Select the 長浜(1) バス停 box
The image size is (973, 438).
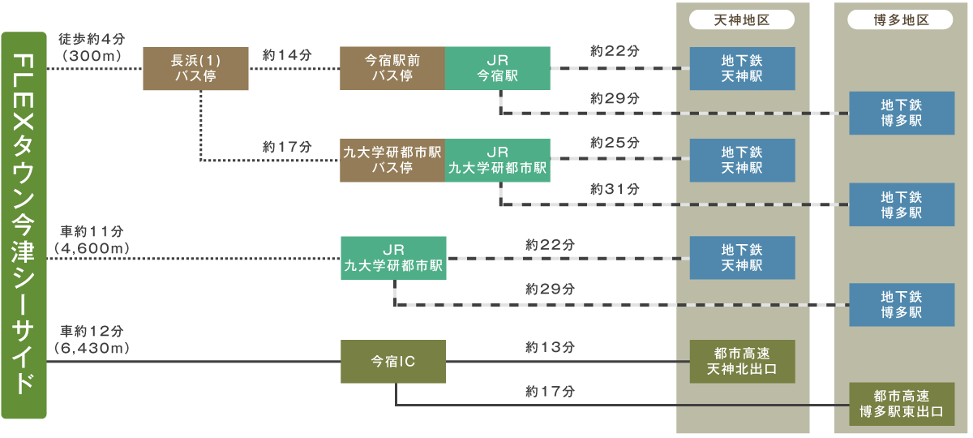click(195, 68)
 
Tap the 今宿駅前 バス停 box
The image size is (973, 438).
click(392, 68)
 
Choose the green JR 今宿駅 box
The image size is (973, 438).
click(498, 68)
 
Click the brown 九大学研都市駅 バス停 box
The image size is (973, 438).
click(392, 160)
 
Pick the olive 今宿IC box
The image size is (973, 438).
click(393, 362)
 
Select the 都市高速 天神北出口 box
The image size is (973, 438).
click(742, 362)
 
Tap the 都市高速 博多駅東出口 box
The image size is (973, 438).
click(902, 404)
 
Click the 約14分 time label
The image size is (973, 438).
click(287, 55)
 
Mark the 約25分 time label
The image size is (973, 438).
click(615, 143)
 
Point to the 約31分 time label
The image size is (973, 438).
click(615, 189)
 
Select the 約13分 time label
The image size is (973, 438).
click(551, 347)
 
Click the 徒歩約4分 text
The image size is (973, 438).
click(90, 39)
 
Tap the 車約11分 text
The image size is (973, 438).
click(92, 230)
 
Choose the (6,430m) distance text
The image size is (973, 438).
click(91, 347)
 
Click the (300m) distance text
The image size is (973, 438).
click(91, 55)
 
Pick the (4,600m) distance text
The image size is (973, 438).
click(91, 246)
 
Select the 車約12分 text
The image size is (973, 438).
click(92, 331)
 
